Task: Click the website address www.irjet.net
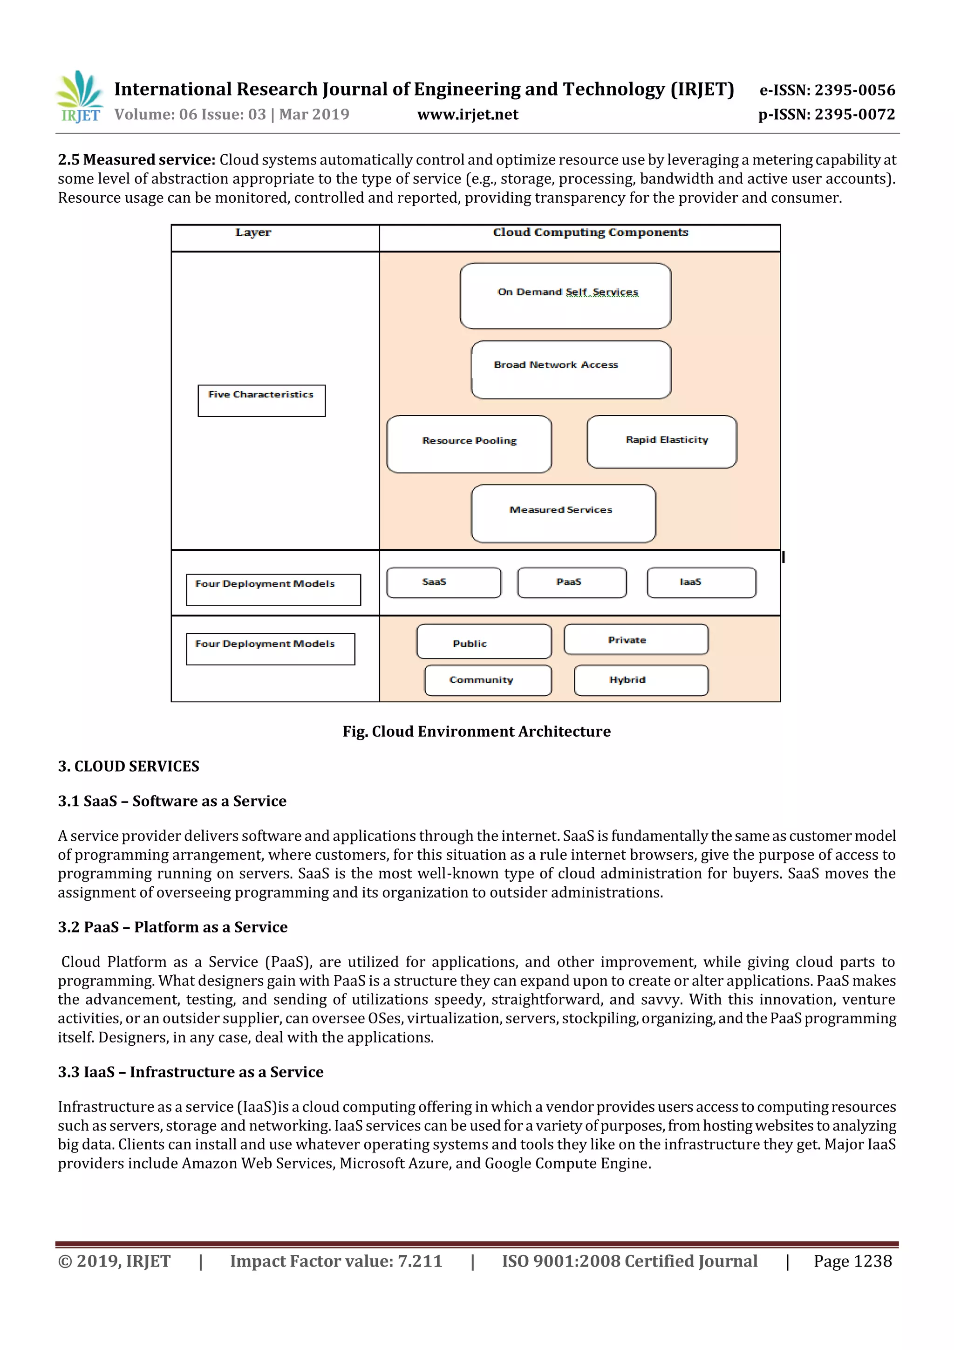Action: pyautogui.click(x=467, y=115)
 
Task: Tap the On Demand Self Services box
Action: pyautogui.click(x=566, y=296)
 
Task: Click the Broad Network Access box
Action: pyautogui.click(x=571, y=370)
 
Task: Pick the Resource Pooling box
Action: pyautogui.click(x=469, y=445)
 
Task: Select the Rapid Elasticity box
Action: pyautogui.click(x=662, y=442)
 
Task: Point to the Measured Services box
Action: pyautogui.click(x=563, y=514)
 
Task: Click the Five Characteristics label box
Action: pyautogui.click(x=262, y=400)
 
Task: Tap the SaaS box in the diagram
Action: pyautogui.click(x=444, y=582)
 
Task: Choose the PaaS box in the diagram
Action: pyautogui.click(x=572, y=582)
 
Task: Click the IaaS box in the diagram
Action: pyautogui.click(x=701, y=582)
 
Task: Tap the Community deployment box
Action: pyautogui.click(x=487, y=680)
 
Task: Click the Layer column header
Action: pyautogui.click(x=253, y=233)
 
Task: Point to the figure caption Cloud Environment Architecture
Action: pyautogui.click(x=477, y=732)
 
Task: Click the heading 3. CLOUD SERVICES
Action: pyautogui.click(x=129, y=766)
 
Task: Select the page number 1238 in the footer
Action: pyautogui.click(x=852, y=1261)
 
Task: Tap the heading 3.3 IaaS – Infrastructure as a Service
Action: pyautogui.click(x=191, y=1072)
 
